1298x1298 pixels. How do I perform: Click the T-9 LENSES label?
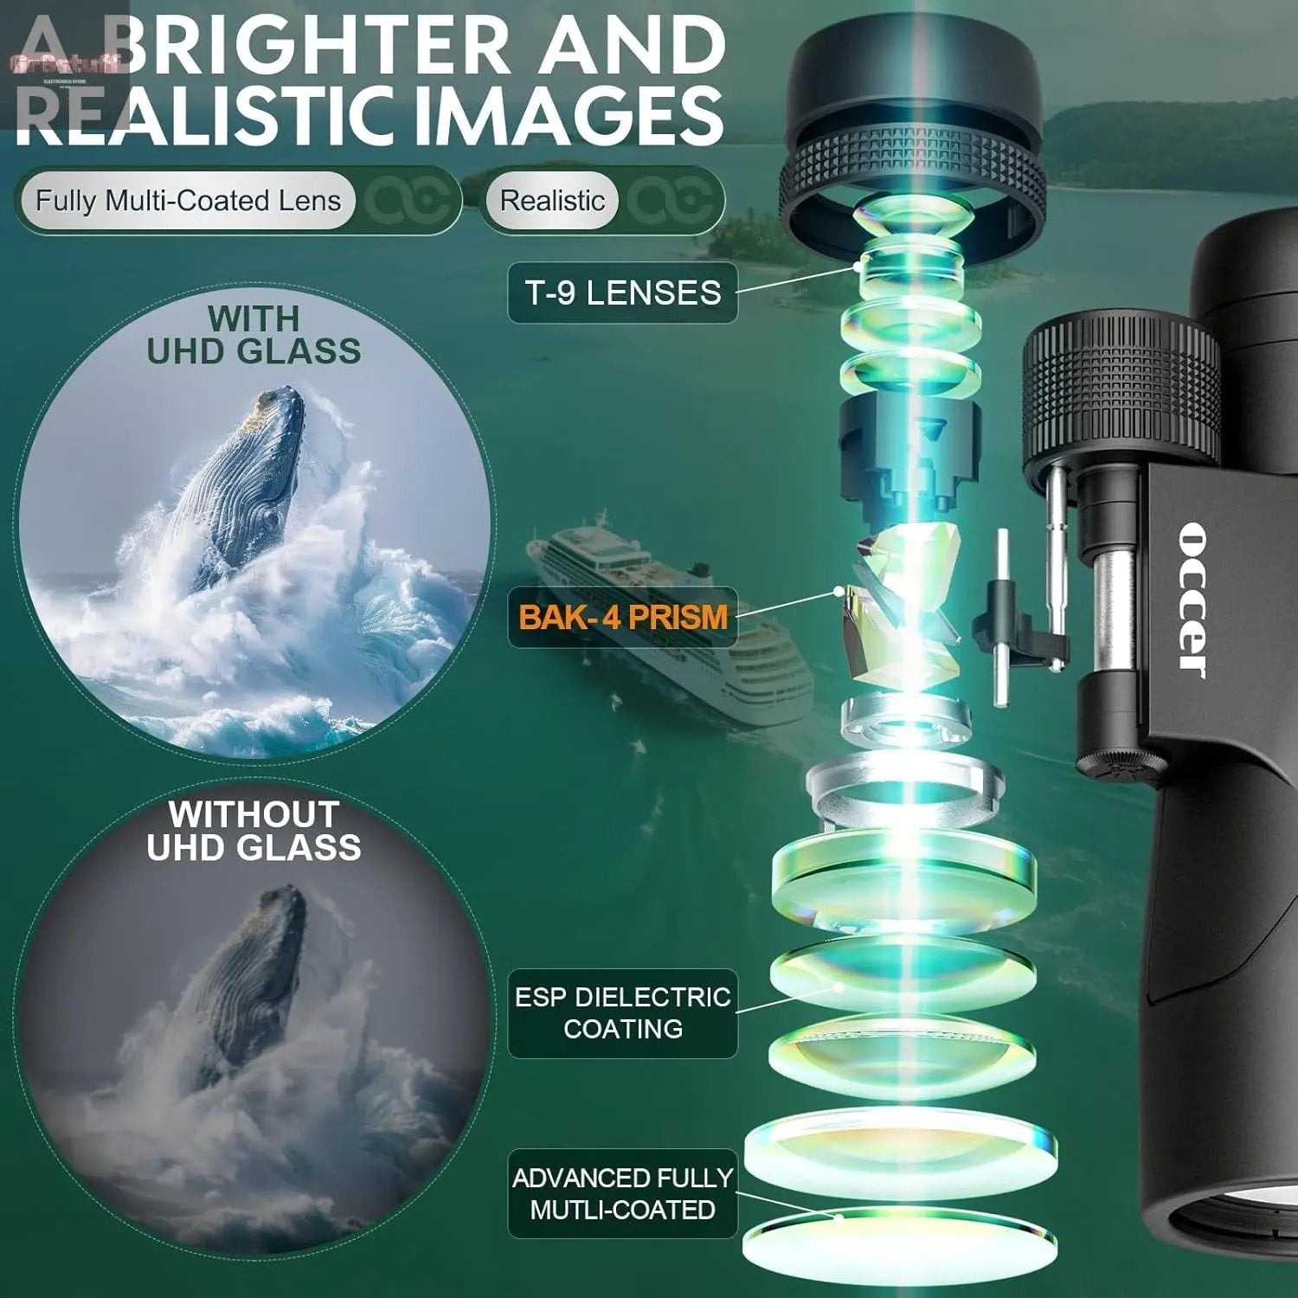pos(622,292)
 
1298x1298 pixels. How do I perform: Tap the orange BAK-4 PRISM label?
pos(622,617)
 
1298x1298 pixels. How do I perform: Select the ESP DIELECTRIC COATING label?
pos(622,1012)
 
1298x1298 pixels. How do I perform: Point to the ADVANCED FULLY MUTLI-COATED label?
pos(622,1193)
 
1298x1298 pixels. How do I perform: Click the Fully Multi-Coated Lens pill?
pos(187,201)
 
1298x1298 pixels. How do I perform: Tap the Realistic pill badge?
pos(552,201)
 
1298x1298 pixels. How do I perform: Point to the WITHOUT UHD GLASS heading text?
pos(254,831)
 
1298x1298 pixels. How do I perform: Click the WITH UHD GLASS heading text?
pos(254,335)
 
